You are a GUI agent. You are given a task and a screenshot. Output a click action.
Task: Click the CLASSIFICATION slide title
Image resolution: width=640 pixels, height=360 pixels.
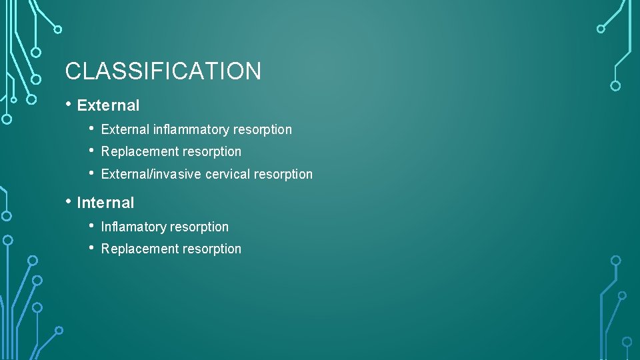163,71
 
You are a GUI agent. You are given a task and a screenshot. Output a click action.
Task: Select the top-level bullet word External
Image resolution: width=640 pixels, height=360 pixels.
108,105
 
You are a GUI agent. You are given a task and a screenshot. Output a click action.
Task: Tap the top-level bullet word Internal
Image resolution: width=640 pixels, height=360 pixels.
105,203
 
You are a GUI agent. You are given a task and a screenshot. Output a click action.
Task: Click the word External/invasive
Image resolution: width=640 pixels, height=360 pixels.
145,174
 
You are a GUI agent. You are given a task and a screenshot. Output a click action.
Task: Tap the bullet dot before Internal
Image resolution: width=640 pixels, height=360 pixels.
69,201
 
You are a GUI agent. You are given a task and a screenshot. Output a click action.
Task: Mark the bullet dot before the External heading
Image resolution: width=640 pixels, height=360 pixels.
69,104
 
